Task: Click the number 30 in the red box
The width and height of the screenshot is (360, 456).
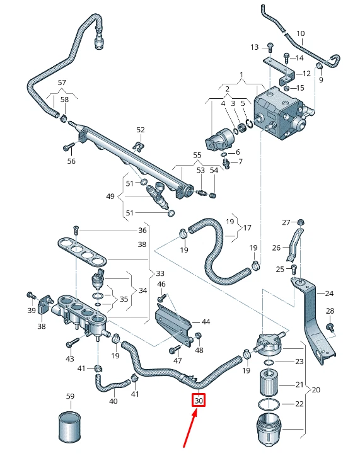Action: click(199, 401)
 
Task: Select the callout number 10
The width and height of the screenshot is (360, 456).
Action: click(300, 33)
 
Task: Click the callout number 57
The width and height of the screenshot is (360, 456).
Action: click(62, 83)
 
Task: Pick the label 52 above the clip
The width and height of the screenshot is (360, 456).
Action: click(140, 130)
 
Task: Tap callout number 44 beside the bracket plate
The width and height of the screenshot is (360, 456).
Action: click(205, 321)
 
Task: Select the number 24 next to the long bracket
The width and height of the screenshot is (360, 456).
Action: click(330, 293)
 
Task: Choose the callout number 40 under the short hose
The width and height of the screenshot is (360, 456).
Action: click(113, 401)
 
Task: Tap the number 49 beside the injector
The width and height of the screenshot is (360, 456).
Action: click(111, 197)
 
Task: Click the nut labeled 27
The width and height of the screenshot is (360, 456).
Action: click(301, 222)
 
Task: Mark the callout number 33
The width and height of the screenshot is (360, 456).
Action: click(160, 273)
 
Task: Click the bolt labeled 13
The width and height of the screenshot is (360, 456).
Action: click(269, 47)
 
